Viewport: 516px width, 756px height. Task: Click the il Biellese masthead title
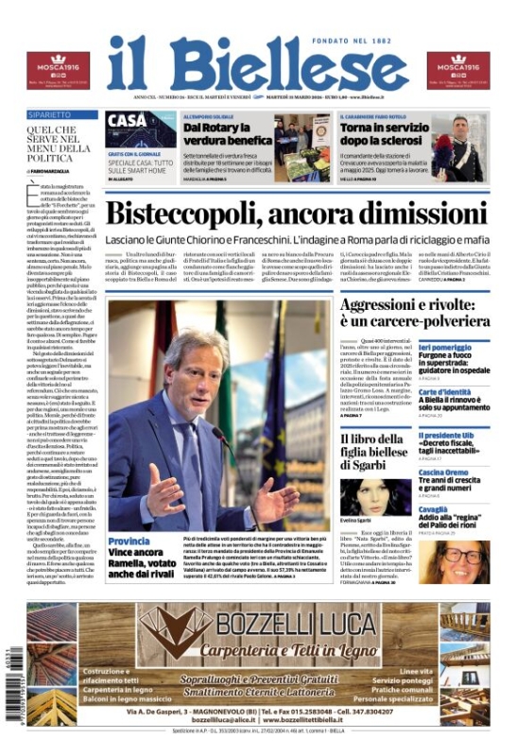pyautogui.click(x=257, y=65)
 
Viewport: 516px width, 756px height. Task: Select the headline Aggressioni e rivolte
pyautogui.click(x=414, y=312)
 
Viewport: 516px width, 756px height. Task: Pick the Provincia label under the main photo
pyautogui.click(x=130, y=540)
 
